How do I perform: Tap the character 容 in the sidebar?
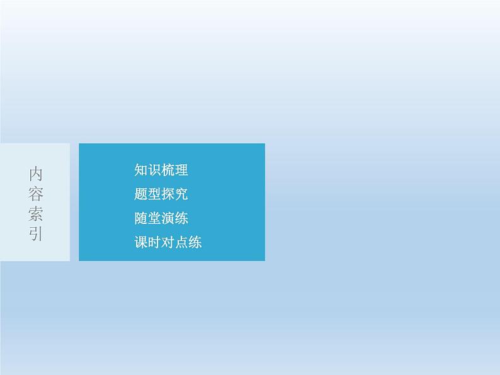coord(36,194)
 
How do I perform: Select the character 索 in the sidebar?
coord(36,215)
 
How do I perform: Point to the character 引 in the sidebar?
coord(36,235)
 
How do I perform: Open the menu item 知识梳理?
coord(161,170)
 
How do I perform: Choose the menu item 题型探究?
coord(161,194)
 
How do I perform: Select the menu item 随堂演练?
coord(161,218)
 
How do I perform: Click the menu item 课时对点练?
coord(168,242)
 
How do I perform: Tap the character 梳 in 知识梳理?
coord(168,170)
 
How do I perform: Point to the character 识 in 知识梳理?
coord(154,170)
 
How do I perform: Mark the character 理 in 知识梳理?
coord(181,170)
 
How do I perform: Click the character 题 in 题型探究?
coord(141,194)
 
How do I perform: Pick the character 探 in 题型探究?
coord(168,194)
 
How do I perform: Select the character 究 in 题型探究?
coord(181,194)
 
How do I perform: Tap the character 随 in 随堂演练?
coord(141,218)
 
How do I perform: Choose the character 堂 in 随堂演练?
coord(154,218)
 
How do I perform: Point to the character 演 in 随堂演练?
coord(168,218)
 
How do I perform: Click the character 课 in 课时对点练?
coord(141,242)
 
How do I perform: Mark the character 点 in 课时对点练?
coord(181,242)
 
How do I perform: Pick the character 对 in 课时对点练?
coord(168,242)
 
